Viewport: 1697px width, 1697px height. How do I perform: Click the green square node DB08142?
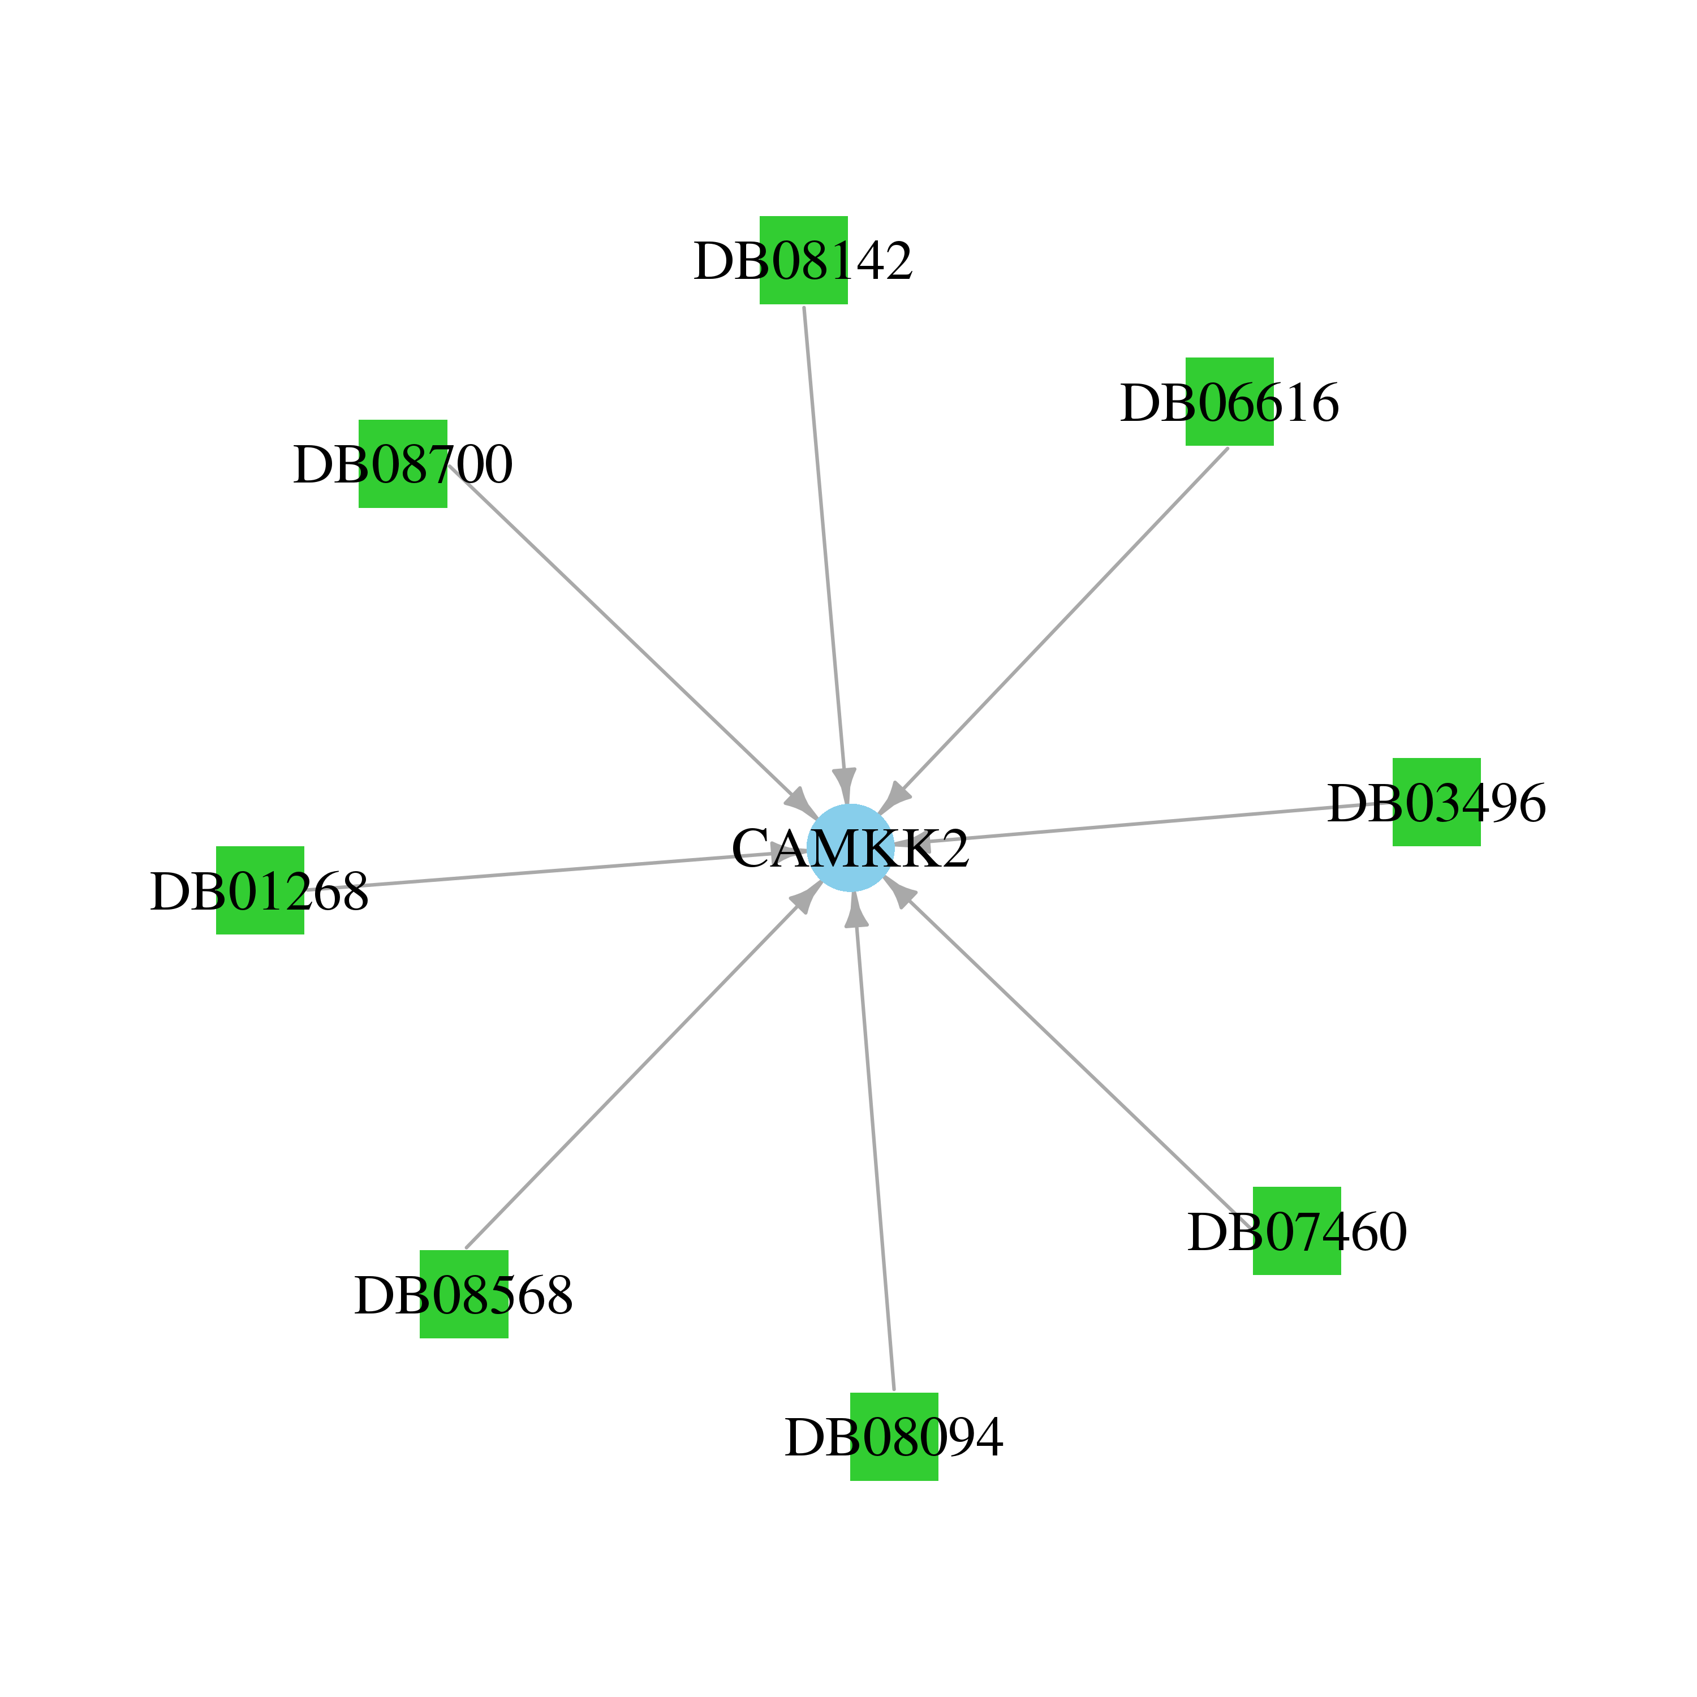click(804, 260)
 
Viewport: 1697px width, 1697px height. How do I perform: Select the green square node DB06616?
click(1230, 402)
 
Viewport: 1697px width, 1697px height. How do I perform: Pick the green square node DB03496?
click(1437, 802)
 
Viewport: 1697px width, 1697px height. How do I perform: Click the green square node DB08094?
click(894, 1437)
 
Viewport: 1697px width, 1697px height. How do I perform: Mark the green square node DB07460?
click(1297, 1230)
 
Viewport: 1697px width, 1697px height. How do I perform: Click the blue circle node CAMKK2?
click(850, 847)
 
